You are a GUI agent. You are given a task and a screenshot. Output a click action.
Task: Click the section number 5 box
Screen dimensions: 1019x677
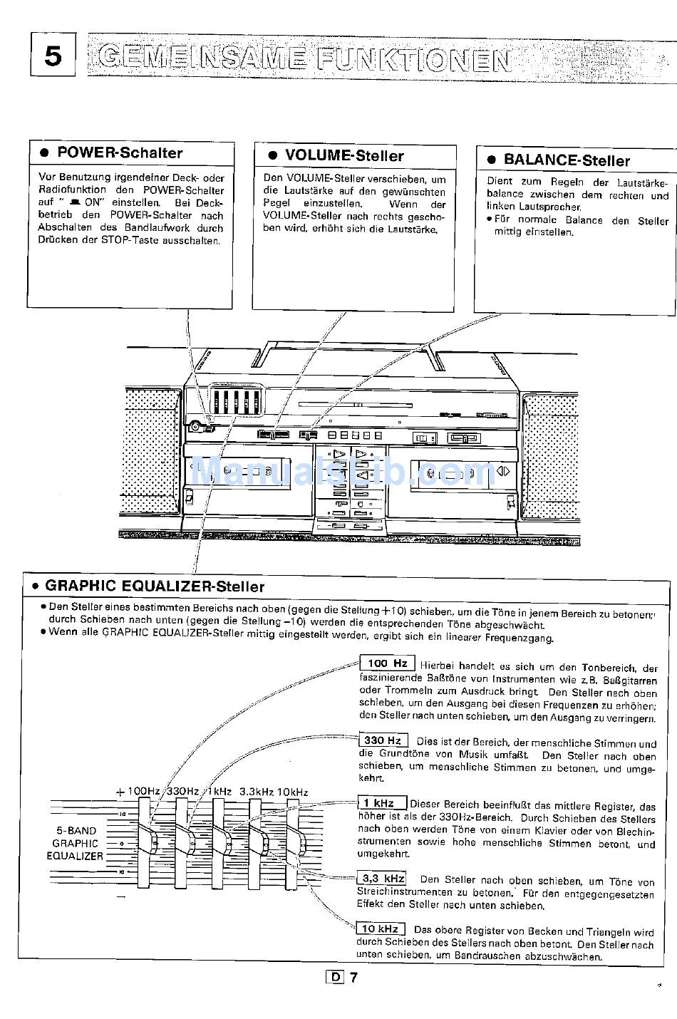pos(53,56)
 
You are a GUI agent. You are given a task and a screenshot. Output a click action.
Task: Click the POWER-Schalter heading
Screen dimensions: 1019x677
pos(119,152)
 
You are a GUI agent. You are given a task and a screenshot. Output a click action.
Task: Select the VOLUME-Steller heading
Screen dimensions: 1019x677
pos(344,155)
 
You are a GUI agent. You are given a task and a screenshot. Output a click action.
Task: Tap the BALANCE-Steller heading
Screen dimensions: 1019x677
pos(567,160)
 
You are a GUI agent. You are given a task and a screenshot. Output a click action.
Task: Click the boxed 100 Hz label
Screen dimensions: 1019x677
pos(387,663)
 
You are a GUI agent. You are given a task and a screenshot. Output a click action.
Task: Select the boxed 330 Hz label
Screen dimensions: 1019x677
pos(383,740)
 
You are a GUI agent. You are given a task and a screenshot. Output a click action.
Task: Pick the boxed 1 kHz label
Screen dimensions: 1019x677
pos(383,803)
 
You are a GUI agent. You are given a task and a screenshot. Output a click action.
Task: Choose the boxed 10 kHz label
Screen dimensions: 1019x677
pos(380,929)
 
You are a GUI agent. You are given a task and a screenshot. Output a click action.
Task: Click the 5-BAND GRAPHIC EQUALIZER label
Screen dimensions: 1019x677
pos(75,844)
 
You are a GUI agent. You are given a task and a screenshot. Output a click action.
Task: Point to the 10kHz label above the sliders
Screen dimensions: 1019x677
pos(292,792)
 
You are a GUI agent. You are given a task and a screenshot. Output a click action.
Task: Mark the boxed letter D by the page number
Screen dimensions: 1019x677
pos(334,977)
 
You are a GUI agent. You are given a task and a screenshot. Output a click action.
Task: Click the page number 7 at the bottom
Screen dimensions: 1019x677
pos(353,977)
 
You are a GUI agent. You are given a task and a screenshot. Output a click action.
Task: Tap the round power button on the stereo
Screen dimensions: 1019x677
pos(194,428)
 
